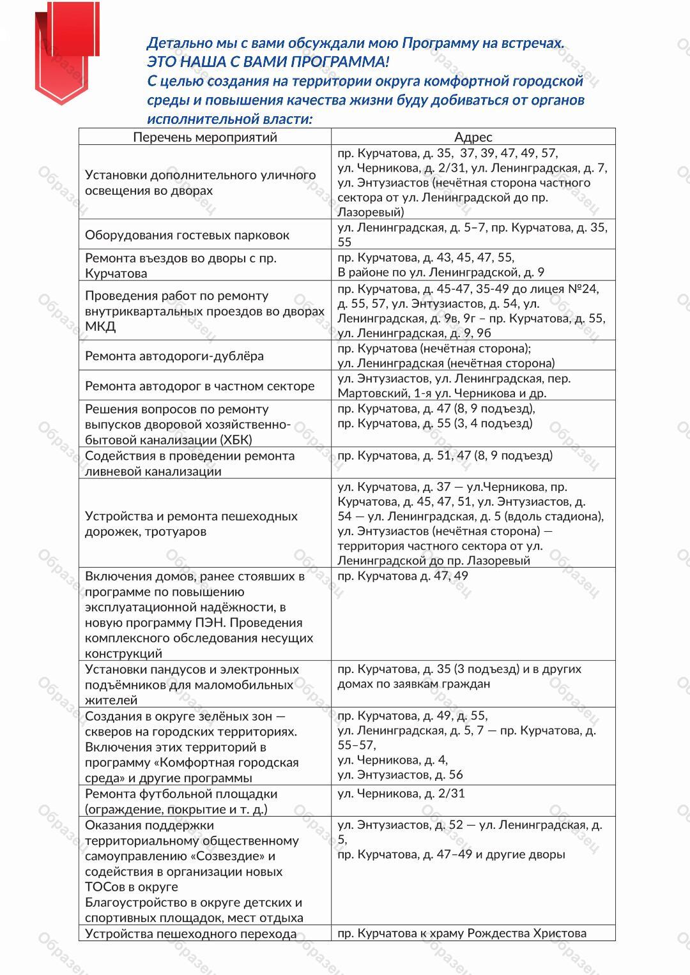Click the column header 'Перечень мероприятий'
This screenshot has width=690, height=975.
[204, 137]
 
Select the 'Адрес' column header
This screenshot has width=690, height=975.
[473, 137]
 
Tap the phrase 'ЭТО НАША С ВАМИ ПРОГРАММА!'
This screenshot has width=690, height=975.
[267, 62]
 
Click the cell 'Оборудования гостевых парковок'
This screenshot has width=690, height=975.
[187, 235]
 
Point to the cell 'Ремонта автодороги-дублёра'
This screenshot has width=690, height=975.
[174, 356]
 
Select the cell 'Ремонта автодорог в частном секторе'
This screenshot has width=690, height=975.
[200, 386]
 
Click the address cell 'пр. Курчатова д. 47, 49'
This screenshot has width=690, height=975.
[402, 576]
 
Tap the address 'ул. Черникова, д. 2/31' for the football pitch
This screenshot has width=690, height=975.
[401, 794]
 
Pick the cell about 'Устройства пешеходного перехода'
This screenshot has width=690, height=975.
[190, 933]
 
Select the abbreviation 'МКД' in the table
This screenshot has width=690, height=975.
[100, 326]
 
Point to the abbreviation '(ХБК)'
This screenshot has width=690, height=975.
[236, 439]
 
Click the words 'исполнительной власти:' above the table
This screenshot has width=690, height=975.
[229, 119]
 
